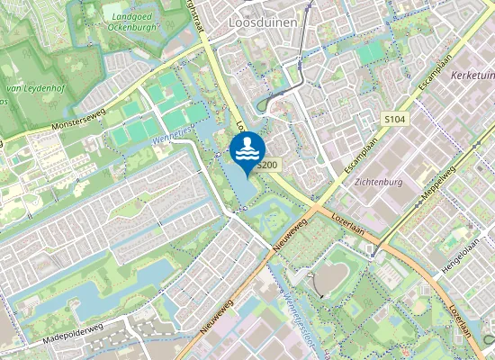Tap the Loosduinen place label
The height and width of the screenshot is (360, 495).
tap(263, 21)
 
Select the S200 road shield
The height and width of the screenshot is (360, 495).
tap(265, 166)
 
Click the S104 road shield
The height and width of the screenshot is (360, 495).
tap(394, 119)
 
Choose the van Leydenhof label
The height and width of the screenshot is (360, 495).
tap(26, 89)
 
